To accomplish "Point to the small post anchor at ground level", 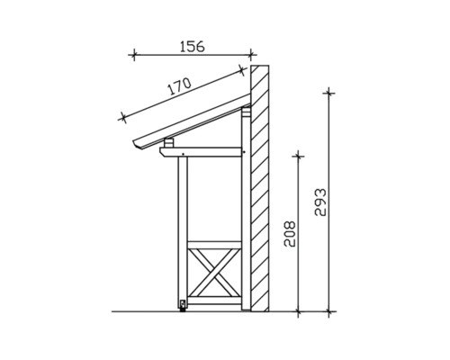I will coord(183,305).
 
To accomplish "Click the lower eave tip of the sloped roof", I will coord(137,146).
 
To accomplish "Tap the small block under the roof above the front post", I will coord(169,143).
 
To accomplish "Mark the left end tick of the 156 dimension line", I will coord(133,56).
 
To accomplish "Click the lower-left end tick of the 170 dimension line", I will coord(121,115).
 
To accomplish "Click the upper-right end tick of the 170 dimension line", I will coord(241,67).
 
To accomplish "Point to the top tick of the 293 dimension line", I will coord(329,91).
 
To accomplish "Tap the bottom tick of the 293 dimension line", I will coord(329,311).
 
